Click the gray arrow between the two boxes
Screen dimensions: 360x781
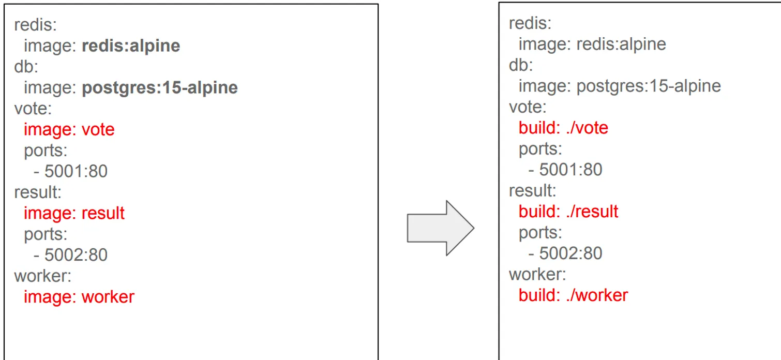click(x=440, y=228)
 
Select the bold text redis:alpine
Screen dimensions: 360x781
click(x=131, y=46)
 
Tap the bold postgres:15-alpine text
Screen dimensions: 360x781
click(x=160, y=88)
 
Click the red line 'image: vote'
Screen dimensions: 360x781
click(x=69, y=129)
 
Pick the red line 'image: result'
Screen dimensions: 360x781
click(x=74, y=213)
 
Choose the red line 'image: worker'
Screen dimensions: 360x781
click(x=79, y=297)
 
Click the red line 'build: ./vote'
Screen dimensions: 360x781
click(x=563, y=128)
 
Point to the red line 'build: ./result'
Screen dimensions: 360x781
click(x=568, y=212)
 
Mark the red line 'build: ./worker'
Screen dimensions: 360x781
click(x=573, y=295)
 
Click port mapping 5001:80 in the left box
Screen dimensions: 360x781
click(x=76, y=171)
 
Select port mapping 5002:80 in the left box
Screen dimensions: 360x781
click(x=76, y=255)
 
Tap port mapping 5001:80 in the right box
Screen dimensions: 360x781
click(x=571, y=170)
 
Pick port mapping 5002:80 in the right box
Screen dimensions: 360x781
click(x=571, y=253)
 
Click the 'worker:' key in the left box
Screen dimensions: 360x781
click(x=42, y=276)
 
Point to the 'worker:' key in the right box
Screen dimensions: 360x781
click(x=537, y=274)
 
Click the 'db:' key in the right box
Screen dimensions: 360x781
click(x=521, y=65)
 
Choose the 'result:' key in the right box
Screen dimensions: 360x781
click(x=532, y=190)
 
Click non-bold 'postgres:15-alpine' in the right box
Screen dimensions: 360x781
click(x=649, y=86)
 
